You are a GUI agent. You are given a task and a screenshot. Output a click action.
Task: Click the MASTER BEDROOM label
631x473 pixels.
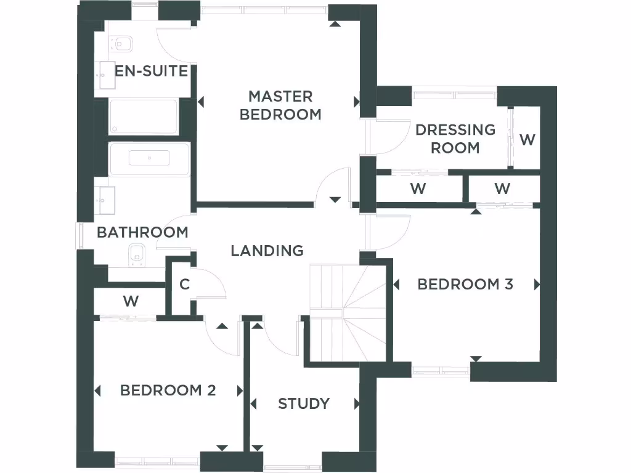click(x=280, y=105)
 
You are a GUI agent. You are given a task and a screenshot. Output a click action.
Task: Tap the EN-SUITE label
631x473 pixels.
click(x=151, y=71)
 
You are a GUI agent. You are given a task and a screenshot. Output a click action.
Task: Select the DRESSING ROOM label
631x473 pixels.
click(x=455, y=139)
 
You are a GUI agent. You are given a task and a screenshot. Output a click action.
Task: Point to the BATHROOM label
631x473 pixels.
click(x=142, y=232)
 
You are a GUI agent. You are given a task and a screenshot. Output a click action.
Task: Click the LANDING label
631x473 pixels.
click(x=267, y=251)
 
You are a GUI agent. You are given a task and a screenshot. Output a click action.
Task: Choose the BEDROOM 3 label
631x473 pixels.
click(x=465, y=284)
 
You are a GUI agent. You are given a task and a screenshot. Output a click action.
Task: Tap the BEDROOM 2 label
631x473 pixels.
click(x=168, y=390)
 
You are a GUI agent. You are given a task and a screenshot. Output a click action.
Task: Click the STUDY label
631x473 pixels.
click(x=303, y=403)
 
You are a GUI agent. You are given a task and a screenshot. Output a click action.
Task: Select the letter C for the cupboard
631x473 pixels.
click(x=184, y=285)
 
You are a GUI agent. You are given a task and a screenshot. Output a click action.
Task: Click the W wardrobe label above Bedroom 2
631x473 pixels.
click(x=130, y=302)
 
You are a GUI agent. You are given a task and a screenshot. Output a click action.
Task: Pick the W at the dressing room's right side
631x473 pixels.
click(x=527, y=140)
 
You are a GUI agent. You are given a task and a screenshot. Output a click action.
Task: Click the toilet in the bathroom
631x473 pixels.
click(x=137, y=254)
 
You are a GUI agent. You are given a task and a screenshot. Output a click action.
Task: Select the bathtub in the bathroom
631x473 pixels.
click(x=149, y=159)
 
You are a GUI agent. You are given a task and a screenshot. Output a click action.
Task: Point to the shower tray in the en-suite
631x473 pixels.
click(x=144, y=116)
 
